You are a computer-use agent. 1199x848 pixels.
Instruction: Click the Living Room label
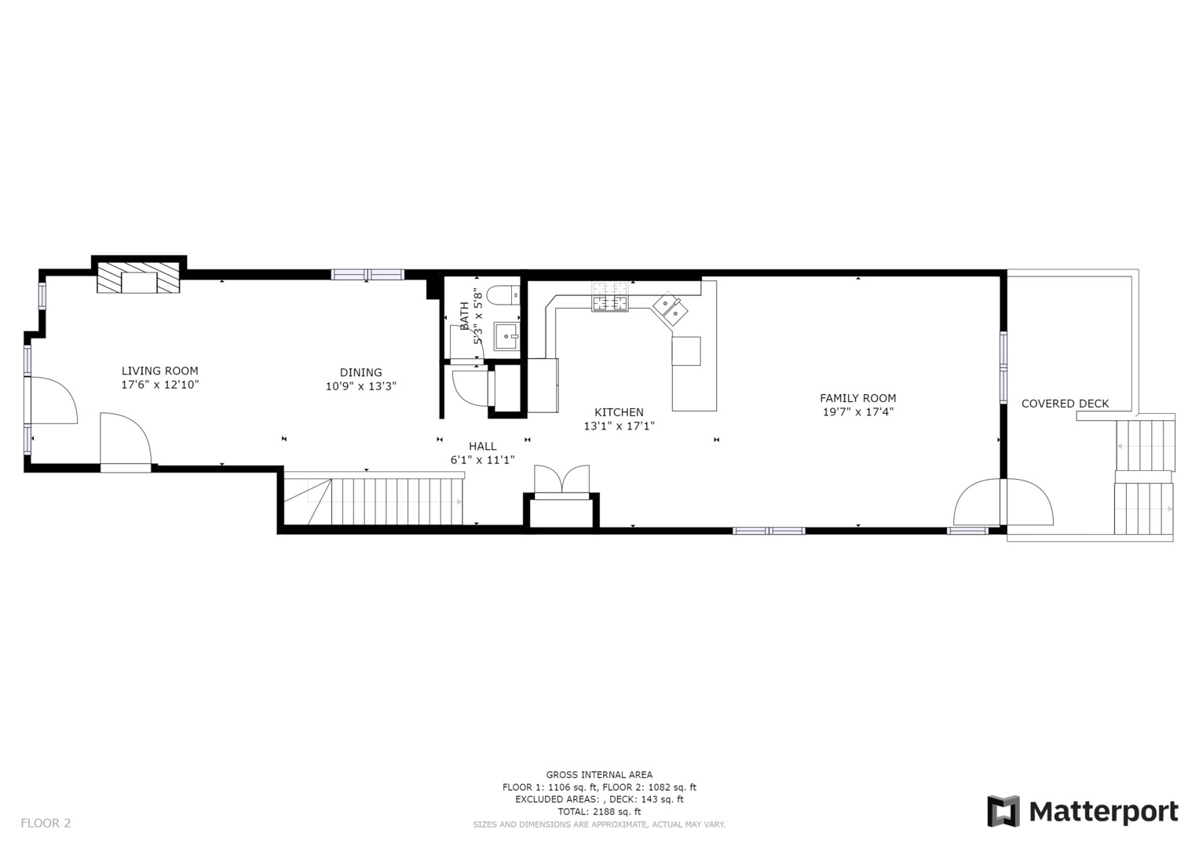click(x=159, y=371)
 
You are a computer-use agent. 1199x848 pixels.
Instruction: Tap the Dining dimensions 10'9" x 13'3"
click(x=360, y=386)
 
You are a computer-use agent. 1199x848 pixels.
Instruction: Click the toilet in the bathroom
click(x=503, y=296)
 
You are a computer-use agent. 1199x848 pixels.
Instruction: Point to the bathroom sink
click(x=506, y=336)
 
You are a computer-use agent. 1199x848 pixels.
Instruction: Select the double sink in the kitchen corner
click(x=669, y=309)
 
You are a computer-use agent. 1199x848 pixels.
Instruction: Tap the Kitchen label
click(x=619, y=412)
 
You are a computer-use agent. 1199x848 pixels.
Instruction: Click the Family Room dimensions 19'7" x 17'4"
click(x=857, y=411)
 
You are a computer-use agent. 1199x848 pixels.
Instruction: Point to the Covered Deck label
click(x=1065, y=404)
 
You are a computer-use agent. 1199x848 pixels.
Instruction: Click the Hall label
click(x=482, y=446)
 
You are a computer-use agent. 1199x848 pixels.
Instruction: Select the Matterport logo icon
click(x=1003, y=811)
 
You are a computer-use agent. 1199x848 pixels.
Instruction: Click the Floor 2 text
click(x=46, y=823)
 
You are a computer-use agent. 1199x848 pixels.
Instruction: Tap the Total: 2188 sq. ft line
click(x=599, y=811)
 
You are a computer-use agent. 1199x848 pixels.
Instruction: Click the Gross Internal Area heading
click(x=599, y=774)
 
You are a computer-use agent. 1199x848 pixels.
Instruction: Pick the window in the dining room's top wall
click(x=367, y=274)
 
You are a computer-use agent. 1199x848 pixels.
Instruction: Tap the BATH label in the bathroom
click(x=464, y=316)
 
